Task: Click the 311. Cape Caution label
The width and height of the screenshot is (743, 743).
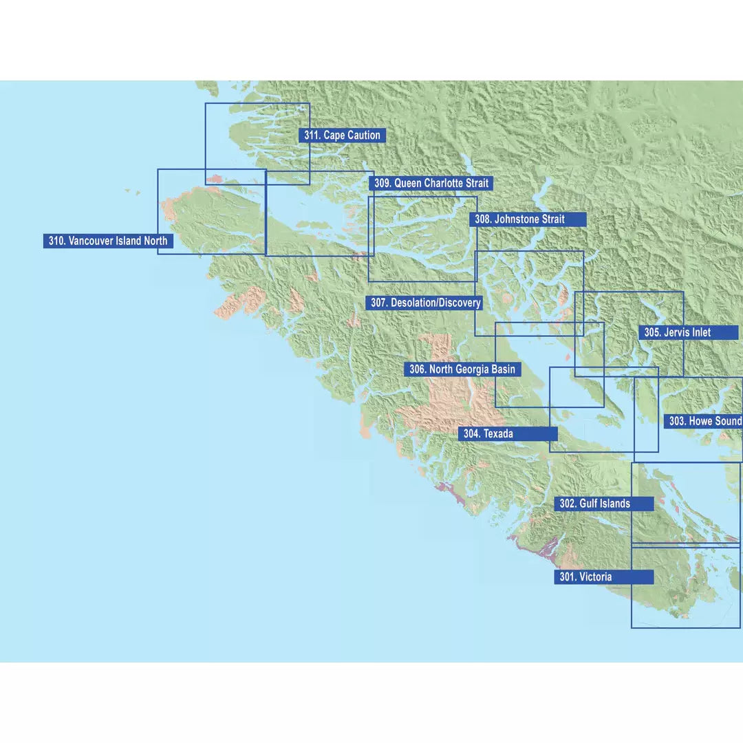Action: [342, 136]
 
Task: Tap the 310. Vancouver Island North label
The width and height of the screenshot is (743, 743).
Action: [107, 241]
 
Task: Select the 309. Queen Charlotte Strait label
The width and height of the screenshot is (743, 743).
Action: [431, 184]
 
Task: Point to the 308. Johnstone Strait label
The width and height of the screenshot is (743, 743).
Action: [528, 219]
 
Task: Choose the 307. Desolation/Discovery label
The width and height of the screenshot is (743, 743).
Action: [425, 303]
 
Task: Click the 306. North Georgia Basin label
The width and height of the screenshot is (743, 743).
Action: [462, 369]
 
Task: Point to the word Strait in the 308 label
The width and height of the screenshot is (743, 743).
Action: [548, 219]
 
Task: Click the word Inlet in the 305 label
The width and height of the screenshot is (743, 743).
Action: [698, 333]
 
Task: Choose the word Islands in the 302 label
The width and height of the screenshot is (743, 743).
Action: [614, 504]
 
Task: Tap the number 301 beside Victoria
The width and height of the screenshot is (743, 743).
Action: [567, 577]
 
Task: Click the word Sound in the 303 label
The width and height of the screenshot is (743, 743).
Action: [728, 421]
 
